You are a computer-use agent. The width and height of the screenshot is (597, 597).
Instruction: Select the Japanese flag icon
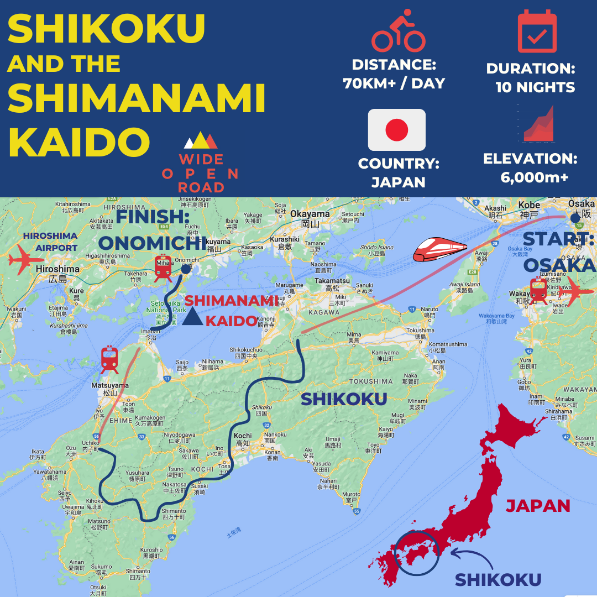[397, 130]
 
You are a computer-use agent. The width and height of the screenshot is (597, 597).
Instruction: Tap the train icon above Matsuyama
[110, 360]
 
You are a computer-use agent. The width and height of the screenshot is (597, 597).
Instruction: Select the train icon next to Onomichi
[163, 269]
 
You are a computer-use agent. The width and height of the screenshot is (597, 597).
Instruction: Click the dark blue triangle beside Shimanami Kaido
[193, 317]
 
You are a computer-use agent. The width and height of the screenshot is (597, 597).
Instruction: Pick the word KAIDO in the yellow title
[79, 143]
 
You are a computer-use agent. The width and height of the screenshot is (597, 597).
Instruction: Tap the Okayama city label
[310, 214]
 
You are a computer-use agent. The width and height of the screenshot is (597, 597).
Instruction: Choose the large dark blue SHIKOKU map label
[343, 399]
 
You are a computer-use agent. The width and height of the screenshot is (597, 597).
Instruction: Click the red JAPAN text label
[538, 505]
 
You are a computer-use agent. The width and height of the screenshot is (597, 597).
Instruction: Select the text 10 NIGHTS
[535, 87]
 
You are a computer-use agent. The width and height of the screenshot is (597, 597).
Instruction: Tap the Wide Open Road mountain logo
[201, 141]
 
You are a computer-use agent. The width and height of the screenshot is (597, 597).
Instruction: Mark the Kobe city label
[529, 205]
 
